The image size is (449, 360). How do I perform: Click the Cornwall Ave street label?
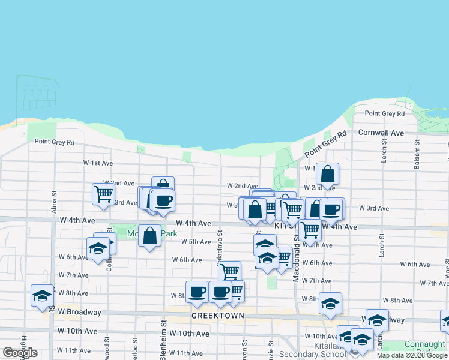(381, 132)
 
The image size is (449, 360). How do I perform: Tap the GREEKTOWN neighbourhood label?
(218, 316)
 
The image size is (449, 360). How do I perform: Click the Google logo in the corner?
(20, 353)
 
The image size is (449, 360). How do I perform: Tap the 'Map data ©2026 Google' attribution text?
(412, 356)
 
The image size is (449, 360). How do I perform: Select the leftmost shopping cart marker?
(103, 194)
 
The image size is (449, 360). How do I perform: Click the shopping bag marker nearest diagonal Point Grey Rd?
(327, 174)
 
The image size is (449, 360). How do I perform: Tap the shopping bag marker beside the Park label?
(150, 235)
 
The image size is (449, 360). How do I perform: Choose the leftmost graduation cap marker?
(42, 295)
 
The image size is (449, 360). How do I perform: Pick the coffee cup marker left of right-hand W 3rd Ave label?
(331, 209)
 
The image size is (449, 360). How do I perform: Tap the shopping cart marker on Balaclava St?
(229, 271)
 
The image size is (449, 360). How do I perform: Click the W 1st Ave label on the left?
(98, 163)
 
